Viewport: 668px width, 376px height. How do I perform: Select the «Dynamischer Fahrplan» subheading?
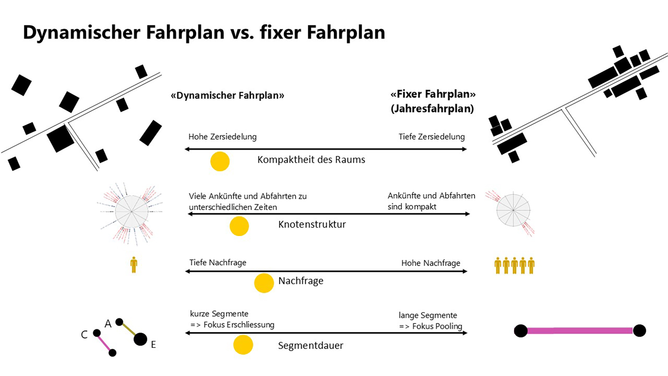pyautogui.click(x=227, y=95)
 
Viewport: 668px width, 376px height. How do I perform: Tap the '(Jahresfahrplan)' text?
pyautogui.click(x=432, y=109)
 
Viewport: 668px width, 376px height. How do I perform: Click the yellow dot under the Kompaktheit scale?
pyautogui.click(x=220, y=161)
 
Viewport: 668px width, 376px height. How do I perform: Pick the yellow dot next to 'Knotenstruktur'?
pyautogui.click(x=239, y=226)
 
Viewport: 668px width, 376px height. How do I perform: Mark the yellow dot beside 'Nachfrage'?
pyautogui.click(x=264, y=283)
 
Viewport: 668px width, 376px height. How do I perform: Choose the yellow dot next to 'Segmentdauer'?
pyautogui.click(x=243, y=345)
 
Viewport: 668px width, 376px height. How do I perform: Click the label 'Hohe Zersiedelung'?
pyautogui.click(x=222, y=137)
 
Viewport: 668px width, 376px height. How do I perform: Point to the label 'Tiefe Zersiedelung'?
pyautogui.click(x=431, y=137)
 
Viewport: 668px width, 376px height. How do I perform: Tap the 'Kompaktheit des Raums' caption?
pyautogui.click(x=311, y=160)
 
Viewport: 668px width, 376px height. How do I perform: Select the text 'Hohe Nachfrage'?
pyautogui.click(x=431, y=263)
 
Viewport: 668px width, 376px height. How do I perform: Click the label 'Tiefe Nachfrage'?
pyautogui.click(x=218, y=263)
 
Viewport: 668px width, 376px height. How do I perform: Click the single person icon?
pyautogui.click(x=134, y=265)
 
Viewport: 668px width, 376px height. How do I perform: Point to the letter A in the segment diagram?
pyautogui.click(x=108, y=324)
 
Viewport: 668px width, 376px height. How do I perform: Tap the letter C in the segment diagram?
pyautogui.click(x=84, y=335)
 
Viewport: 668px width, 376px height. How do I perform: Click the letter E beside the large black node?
pyautogui.click(x=153, y=345)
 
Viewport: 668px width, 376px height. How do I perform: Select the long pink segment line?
pyautogui.click(x=580, y=331)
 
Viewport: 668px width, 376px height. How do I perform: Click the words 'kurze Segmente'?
pyautogui.click(x=219, y=314)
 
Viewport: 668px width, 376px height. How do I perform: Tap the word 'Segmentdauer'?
pyautogui.click(x=310, y=346)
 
